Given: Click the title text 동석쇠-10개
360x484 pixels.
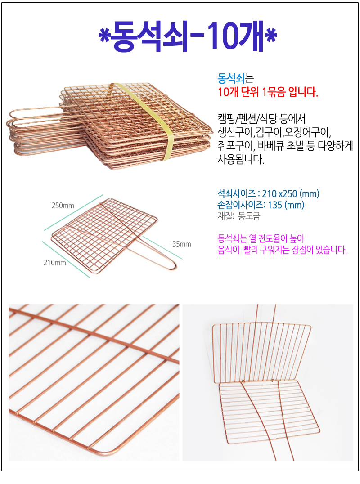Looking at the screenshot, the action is click(x=188, y=36).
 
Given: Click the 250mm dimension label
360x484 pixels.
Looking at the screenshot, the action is click(x=63, y=205).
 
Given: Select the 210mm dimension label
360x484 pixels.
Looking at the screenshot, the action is click(x=54, y=263).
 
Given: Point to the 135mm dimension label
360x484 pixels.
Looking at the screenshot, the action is click(x=180, y=244).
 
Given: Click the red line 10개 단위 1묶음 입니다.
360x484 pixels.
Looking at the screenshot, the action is click(x=268, y=92).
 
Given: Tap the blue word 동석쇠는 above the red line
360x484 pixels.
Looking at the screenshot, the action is click(x=235, y=78).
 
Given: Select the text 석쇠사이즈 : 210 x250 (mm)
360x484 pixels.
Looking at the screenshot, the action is click(x=268, y=193).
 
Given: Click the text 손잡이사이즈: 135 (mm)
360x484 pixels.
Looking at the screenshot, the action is click(x=261, y=205).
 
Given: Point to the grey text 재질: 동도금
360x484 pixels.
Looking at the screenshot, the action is click(x=238, y=216).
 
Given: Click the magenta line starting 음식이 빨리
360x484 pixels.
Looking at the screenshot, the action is click(x=282, y=250).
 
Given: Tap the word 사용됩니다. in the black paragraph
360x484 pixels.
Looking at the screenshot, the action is click(x=241, y=159).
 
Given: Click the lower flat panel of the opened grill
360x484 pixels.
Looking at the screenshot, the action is click(x=269, y=411).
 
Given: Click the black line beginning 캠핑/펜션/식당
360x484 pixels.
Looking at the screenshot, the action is click(x=262, y=119).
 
